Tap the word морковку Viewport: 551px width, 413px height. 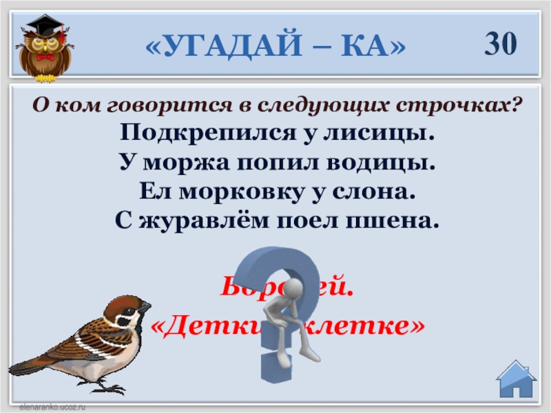(234, 193)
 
